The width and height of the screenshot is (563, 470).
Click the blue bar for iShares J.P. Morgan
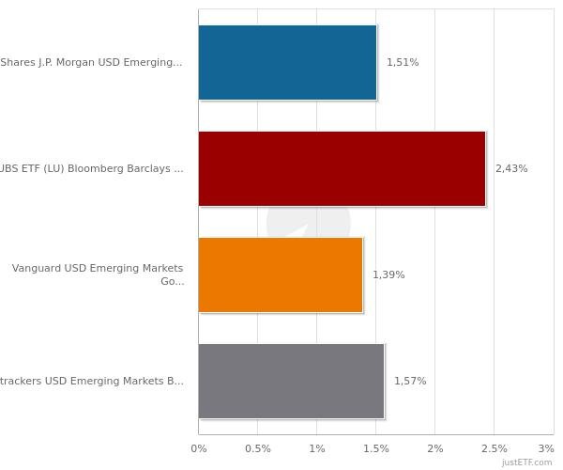click(287, 62)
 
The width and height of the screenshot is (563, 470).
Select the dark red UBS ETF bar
click(342, 168)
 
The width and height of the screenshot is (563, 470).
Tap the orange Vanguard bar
click(281, 274)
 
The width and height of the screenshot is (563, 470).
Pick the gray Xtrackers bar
click(291, 381)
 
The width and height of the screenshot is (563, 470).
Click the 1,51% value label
click(403, 62)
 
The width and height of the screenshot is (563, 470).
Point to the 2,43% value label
click(511, 168)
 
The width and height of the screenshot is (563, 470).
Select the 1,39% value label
click(388, 274)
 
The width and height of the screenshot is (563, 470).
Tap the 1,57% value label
click(410, 381)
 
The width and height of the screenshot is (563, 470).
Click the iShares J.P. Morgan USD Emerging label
click(91, 62)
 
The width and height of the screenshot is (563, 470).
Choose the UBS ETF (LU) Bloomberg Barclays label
click(91, 168)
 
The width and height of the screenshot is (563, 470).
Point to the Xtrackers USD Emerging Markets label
click(91, 381)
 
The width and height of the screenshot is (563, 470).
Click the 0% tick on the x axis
click(199, 448)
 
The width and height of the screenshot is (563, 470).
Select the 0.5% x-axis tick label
click(258, 448)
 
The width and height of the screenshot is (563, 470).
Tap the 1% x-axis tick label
click(317, 448)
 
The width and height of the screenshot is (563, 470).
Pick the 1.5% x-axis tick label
click(376, 448)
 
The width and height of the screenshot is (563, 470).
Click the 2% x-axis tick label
click(435, 448)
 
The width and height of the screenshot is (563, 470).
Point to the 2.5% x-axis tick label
click(495, 448)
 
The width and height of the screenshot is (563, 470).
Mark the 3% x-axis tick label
click(546, 448)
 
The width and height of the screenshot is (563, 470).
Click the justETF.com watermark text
click(527, 462)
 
